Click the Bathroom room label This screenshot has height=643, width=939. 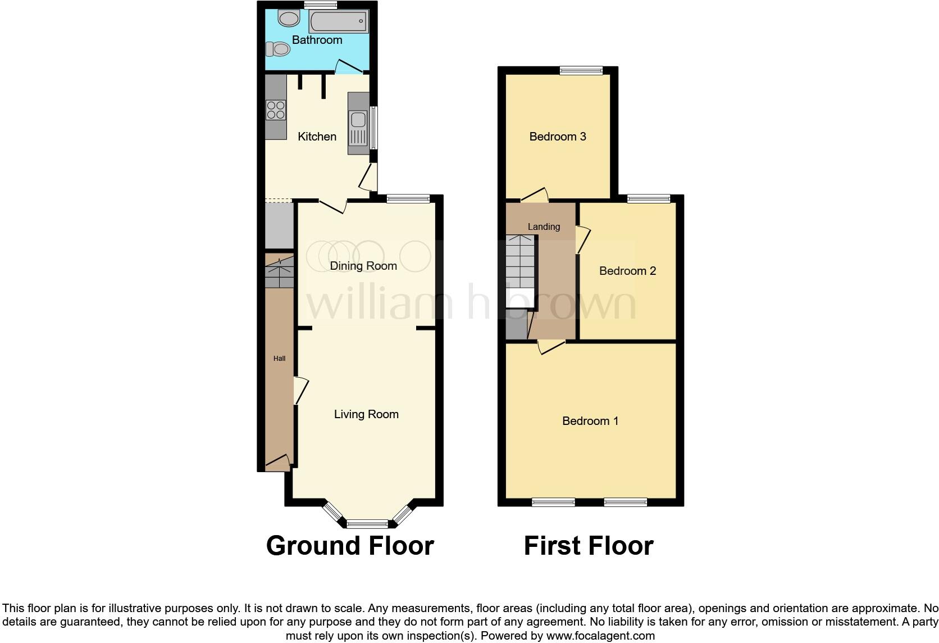point(317,40)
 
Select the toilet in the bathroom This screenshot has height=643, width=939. point(279,49)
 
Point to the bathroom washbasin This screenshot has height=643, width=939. point(290,19)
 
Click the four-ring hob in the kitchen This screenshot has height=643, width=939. point(276,110)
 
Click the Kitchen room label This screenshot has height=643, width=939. point(317,137)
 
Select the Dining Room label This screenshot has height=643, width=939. point(363,266)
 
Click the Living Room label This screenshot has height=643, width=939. point(366,414)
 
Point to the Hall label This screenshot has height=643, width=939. point(279,359)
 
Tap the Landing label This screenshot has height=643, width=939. point(544,227)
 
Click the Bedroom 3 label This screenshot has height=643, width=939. point(558,137)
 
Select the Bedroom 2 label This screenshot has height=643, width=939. point(627,271)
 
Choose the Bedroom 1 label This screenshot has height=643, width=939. point(590,421)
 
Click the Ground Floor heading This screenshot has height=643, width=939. point(350,546)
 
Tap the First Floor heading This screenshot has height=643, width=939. point(589,546)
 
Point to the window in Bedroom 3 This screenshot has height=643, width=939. point(581,70)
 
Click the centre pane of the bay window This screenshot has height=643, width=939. point(367,524)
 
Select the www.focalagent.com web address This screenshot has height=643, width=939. point(600,636)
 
